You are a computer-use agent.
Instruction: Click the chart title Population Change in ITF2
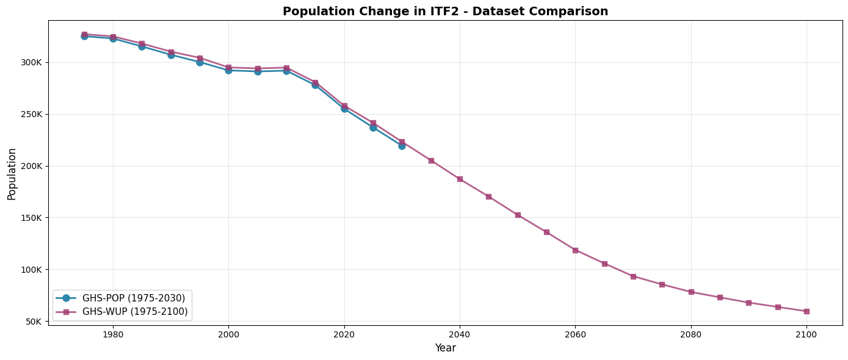445,11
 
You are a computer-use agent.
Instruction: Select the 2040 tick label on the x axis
460,334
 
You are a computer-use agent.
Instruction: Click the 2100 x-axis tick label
806,334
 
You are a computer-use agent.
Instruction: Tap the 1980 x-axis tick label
113,334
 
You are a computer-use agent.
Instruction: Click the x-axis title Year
445,348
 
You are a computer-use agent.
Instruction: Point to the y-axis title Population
12,173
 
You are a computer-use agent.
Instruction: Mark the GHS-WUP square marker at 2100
806,311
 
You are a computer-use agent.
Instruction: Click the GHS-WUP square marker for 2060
575,250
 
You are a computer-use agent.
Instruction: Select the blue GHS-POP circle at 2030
402,146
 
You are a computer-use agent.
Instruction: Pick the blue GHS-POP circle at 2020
344,109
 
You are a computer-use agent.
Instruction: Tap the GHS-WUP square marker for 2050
518,215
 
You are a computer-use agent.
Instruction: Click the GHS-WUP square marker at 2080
691,292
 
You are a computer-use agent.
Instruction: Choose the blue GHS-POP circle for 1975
84,36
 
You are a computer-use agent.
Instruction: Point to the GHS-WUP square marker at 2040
460,179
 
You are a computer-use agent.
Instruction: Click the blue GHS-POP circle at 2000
228,70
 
